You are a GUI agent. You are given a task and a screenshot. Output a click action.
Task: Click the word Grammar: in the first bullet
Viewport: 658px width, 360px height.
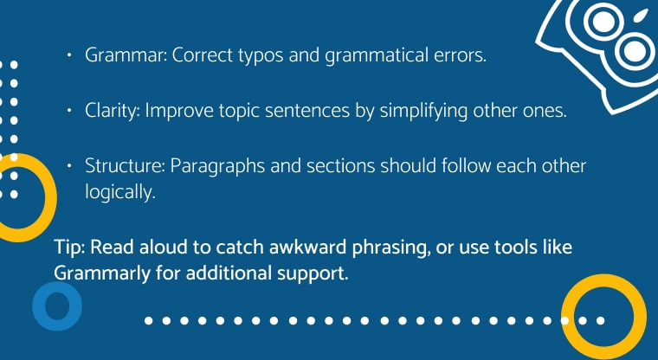click(x=126, y=55)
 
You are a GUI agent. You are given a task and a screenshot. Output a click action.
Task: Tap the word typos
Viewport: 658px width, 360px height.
click(x=261, y=56)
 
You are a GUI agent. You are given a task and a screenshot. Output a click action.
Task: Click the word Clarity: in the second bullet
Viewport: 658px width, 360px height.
click(x=112, y=111)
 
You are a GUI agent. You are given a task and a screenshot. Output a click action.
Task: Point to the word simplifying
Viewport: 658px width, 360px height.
click(x=424, y=111)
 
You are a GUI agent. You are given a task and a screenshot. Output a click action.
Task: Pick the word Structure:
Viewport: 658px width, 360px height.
click(x=125, y=166)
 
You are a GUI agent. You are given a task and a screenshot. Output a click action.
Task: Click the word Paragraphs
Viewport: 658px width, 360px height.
click(x=217, y=167)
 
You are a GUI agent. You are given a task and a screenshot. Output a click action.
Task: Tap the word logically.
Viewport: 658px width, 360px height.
click(x=120, y=192)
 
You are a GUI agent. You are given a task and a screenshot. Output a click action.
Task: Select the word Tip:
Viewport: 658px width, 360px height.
click(x=69, y=247)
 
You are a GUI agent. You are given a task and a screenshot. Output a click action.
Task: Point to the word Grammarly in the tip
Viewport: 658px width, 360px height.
click(x=102, y=274)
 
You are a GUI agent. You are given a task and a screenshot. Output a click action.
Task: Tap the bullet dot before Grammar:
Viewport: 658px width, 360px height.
click(x=69, y=55)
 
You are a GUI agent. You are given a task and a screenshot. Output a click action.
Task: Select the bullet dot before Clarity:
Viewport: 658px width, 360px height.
click(x=69, y=111)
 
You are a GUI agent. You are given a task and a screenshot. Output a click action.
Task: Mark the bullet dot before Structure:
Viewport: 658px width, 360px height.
click(x=69, y=166)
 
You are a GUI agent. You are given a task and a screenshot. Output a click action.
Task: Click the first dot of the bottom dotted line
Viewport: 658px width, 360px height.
click(x=149, y=320)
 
